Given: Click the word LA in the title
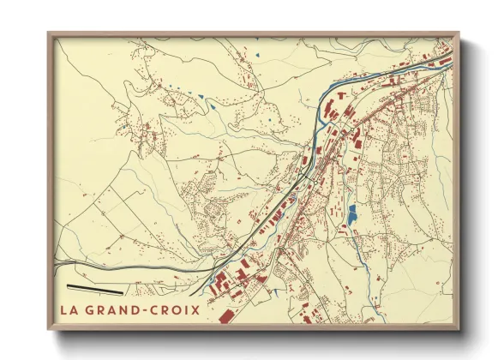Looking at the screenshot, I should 69,310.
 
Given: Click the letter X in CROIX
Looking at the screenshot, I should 195,310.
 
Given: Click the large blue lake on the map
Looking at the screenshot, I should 351,214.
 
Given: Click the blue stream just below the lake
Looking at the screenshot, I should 361,257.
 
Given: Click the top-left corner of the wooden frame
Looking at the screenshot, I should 49,34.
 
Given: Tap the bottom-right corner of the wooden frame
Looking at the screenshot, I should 459,330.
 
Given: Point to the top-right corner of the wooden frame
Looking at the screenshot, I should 459,34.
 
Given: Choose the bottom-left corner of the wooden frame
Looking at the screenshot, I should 49,330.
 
